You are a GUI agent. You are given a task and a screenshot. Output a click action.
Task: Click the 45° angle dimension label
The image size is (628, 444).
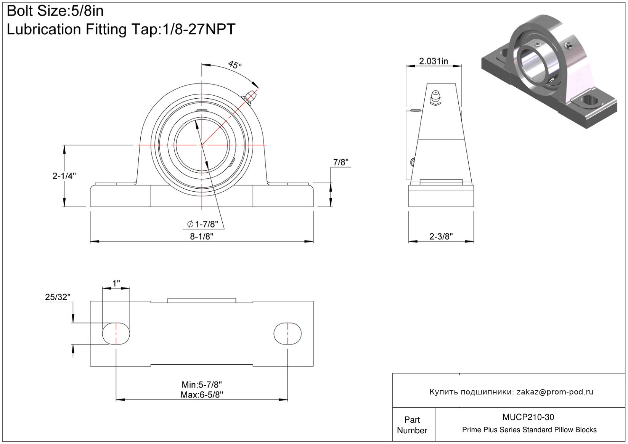tap(234, 65)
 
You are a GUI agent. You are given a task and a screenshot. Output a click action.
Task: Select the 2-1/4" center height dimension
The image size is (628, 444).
tap(64, 176)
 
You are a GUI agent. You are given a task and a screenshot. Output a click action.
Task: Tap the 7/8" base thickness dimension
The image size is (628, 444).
tap(341, 162)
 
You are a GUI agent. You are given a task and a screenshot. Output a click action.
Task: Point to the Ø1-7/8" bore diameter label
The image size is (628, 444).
tap(202, 224)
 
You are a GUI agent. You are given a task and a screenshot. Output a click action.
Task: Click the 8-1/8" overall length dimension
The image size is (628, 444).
tap(202, 236)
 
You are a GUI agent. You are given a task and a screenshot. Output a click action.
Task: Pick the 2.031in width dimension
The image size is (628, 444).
tap(434, 61)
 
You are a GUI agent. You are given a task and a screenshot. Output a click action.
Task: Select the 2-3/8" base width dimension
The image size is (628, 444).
tap(441, 236)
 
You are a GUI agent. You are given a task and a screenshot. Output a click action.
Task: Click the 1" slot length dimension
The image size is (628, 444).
tap(116, 284)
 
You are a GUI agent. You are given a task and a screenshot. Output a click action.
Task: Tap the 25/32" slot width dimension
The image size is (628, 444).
tap(58, 297)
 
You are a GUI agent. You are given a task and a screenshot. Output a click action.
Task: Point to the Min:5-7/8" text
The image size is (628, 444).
tap(202, 384)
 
